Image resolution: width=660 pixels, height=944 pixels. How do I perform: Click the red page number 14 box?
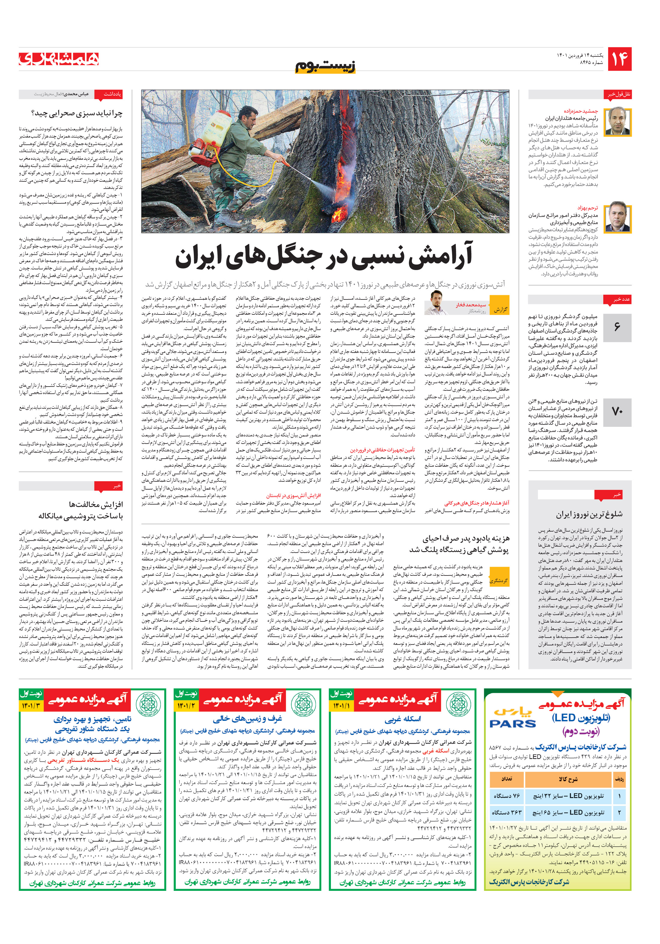(619, 59)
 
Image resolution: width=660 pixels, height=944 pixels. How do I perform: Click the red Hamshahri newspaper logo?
(59, 59)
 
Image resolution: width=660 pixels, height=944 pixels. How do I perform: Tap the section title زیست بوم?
(325, 66)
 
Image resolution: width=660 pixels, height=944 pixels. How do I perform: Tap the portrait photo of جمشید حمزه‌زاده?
(618, 121)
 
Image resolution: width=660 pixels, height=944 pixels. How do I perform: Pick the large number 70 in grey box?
(617, 411)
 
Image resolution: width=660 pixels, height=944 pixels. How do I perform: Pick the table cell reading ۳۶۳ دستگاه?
(506, 812)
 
